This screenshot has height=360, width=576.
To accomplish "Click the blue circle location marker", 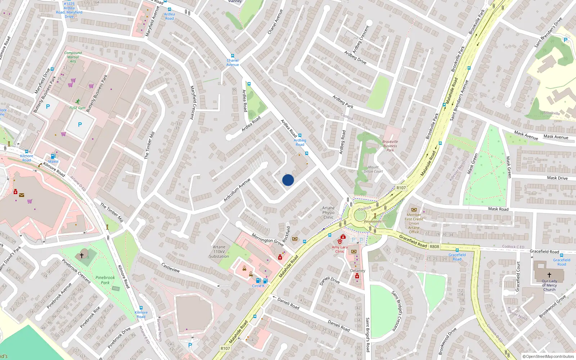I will click(288, 180).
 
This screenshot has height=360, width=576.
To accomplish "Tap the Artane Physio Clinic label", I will click(328, 213).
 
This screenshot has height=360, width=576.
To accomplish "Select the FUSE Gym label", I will click(77, 108).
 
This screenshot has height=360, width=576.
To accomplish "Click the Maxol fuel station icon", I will click(53, 156).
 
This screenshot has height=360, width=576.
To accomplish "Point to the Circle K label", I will click(258, 286).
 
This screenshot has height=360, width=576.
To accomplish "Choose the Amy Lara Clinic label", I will click(340, 249).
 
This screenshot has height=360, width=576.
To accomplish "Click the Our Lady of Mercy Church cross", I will click(549, 275).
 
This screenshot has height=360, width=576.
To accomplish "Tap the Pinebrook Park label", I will click(105, 280).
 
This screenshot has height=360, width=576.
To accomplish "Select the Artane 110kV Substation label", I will click(219, 252).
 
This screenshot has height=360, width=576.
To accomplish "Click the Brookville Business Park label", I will click(390, 146).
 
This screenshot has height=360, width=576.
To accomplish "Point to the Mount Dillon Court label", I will click(373, 169).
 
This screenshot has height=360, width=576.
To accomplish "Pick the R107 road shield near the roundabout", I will click(401, 188).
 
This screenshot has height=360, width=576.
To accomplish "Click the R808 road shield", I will click(435, 247).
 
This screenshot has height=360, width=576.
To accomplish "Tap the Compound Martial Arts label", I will click(73, 57).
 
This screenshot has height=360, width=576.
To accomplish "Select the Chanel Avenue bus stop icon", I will click(233, 56).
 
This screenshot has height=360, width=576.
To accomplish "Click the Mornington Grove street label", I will click(267, 240).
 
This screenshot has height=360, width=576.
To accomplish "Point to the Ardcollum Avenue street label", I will click(237, 190).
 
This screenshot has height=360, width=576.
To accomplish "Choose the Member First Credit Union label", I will click(414, 221).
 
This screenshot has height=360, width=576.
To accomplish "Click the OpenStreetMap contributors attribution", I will click(548, 357).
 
